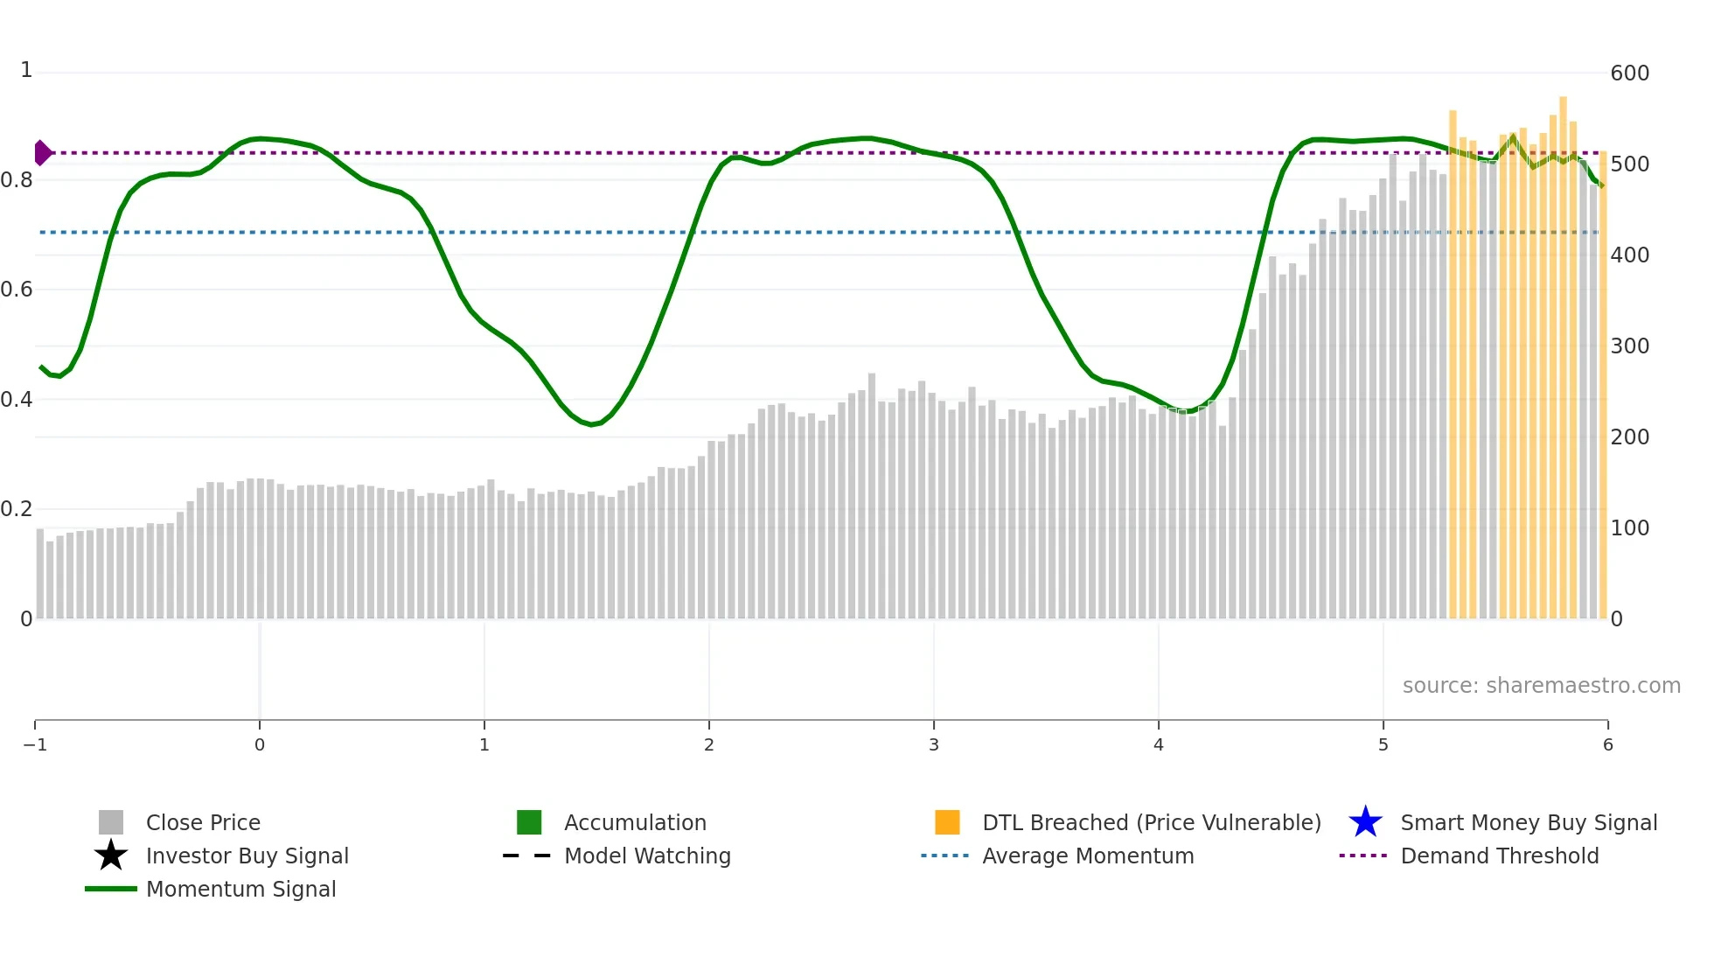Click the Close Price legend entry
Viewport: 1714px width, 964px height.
pos(203,823)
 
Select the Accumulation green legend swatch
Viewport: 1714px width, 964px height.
pos(529,823)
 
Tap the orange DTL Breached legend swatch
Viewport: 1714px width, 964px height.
pos(947,823)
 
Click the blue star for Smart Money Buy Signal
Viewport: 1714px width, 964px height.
pos(1365,823)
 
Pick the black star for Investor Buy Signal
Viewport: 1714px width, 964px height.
pos(111,856)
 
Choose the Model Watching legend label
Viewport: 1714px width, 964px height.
pos(647,856)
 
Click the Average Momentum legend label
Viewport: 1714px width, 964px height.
pos(1088,856)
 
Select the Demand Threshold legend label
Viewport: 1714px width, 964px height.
pos(1499,856)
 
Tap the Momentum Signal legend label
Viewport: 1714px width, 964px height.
pos(240,890)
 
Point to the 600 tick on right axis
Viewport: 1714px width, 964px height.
pos(1629,73)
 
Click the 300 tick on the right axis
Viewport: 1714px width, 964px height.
pos(1629,346)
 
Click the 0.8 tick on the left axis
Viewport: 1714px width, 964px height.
pos(17,180)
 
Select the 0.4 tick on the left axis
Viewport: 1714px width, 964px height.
pos(17,400)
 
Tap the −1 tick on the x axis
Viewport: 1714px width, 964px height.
pos(35,745)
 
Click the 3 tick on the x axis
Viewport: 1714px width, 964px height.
pos(934,745)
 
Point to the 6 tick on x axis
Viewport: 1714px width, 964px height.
pos(1607,745)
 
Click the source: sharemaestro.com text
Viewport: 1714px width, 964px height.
pos(1541,686)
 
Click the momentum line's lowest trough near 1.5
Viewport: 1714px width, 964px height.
pos(593,425)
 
